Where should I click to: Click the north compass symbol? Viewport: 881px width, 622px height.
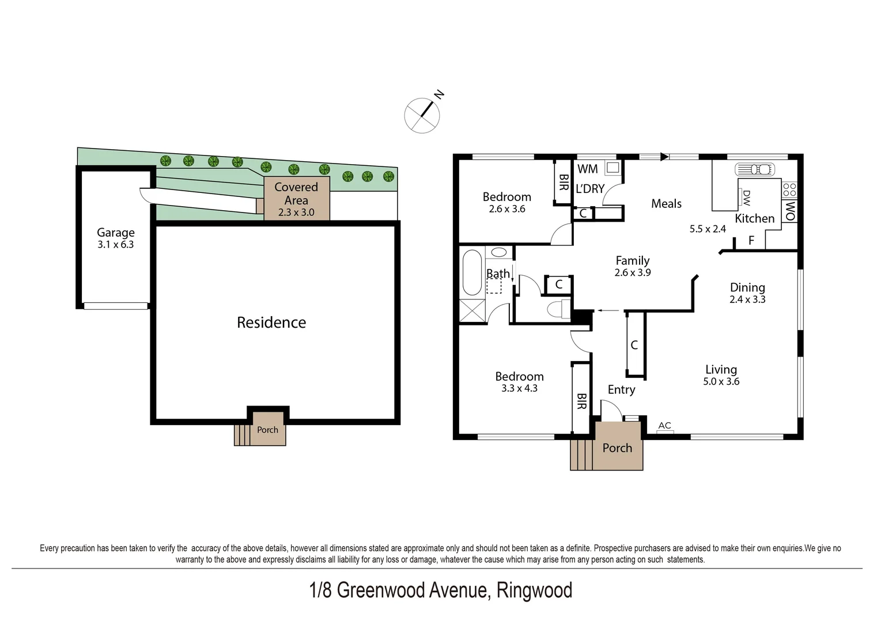422,115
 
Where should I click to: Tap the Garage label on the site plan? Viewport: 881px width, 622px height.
115,233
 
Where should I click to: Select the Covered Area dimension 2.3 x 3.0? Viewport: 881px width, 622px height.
296,213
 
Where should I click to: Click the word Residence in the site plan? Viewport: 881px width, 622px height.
271,323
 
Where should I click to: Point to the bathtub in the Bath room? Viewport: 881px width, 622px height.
472,272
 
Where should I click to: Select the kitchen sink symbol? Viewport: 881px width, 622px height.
755,169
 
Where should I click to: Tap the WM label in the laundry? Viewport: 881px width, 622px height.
587,169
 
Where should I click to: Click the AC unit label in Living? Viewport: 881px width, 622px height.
664,426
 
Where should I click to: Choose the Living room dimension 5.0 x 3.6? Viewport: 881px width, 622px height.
721,381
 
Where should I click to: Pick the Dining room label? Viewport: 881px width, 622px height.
747,287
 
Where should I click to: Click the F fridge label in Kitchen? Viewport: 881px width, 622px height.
751,241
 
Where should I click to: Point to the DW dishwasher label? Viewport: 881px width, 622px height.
746,198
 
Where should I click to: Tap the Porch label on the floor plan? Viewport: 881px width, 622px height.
617,448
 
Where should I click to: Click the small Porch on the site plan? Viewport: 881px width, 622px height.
267,430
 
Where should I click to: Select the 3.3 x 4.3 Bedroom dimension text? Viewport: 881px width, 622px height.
519,388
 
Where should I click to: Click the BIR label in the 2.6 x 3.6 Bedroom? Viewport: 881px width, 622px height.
564,182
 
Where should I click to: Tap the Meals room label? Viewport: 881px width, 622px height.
666,204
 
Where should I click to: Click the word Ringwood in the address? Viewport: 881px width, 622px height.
534,590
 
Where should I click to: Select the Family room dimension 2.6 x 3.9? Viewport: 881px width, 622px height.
632,273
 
